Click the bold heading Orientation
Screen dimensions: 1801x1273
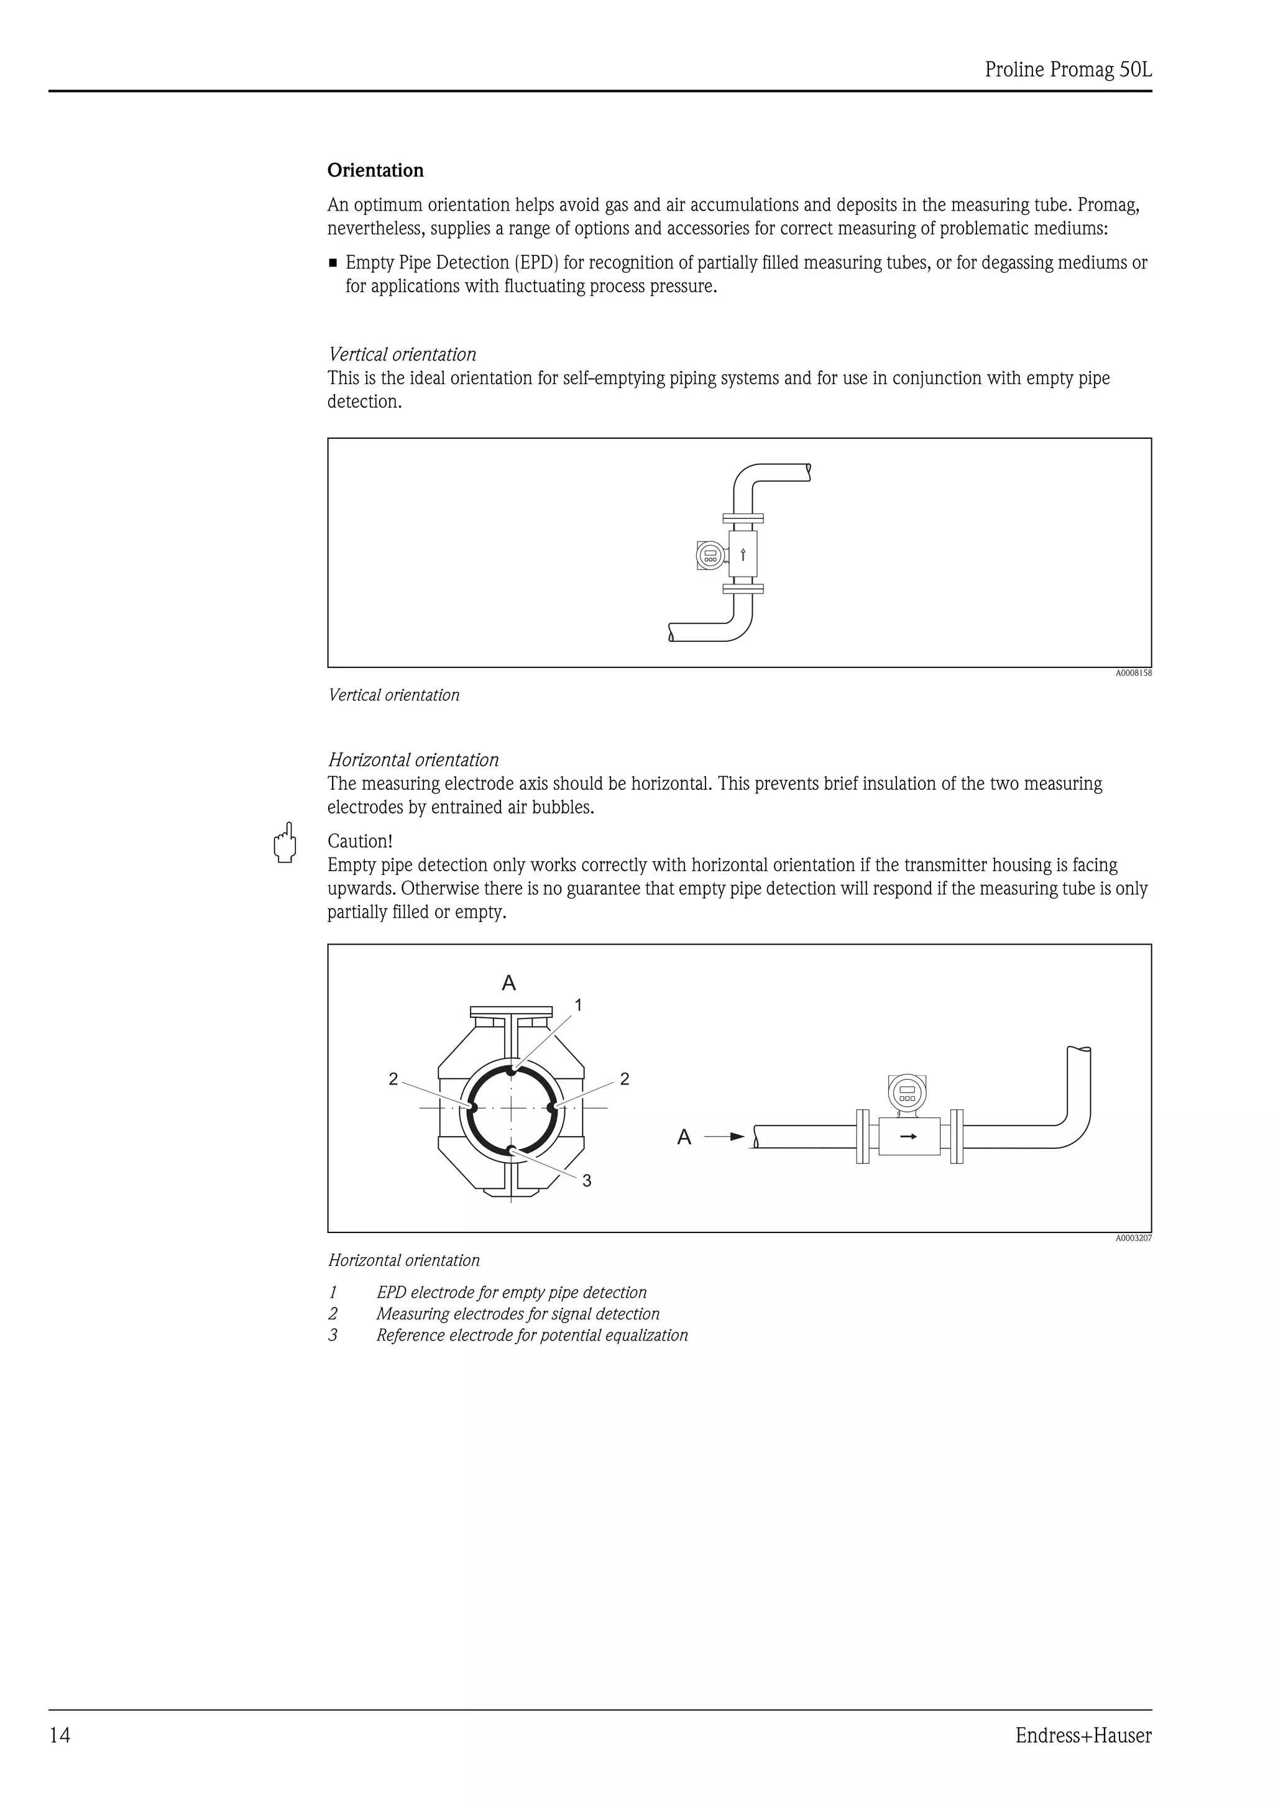coord(375,170)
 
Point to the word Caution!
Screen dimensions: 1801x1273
coord(359,841)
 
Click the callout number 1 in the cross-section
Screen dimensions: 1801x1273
coord(578,1005)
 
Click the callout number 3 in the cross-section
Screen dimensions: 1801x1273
coord(587,1181)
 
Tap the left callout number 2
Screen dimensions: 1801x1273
coord(393,1079)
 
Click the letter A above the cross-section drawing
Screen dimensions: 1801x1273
coord(509,983)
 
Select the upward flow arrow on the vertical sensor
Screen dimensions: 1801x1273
coord(743,556)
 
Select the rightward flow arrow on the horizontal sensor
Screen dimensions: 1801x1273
coord(908,1136)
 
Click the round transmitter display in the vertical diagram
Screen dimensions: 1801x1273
coord(710,556)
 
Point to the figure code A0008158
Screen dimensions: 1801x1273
coord(1133,673)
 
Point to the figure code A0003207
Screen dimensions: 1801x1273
coord(1133,1239)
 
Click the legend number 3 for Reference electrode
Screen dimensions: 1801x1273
coord(333,1335)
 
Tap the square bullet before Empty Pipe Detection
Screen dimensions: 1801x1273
coord(333,263)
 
